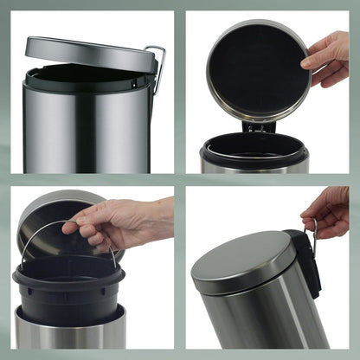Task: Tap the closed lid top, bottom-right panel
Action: [x=242, y=260]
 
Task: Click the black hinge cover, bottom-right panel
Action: [x=305, y=260]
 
